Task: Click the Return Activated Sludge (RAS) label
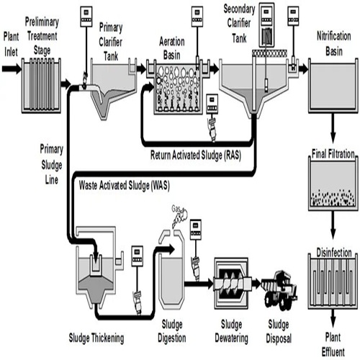coord(195,154)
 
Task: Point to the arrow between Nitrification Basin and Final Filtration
coord(333,131)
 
